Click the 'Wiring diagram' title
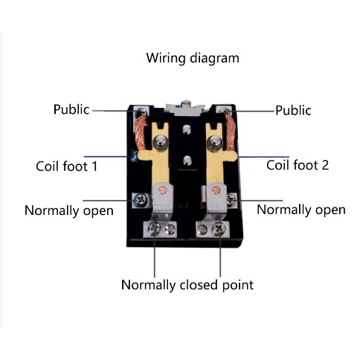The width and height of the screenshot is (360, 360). pos(193,58)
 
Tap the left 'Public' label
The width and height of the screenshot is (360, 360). pos(71,109)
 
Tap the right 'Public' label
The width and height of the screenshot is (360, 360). pos(293,110)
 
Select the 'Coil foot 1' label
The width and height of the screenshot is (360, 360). pos(67,166)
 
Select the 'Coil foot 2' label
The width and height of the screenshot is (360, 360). pos(298,165)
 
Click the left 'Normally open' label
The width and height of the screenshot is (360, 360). pos(69,210)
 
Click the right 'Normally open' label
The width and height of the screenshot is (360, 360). pos(301,210)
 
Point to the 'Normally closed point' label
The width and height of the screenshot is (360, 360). pos(187,285)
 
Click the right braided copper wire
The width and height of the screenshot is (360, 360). pos(230,132)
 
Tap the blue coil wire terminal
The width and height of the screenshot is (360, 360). pos(134,156)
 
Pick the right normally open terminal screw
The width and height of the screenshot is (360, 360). pos(231,199)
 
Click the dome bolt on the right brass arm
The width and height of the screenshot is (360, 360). pos(213,142)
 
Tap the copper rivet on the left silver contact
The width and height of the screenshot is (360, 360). pos(163,190)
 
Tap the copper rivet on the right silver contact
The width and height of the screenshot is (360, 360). pos(216,190)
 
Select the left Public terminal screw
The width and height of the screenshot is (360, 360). pos(142,110)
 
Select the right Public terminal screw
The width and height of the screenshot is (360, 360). pos(225,111)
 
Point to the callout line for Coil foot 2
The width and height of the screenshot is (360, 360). pos(263,157)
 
